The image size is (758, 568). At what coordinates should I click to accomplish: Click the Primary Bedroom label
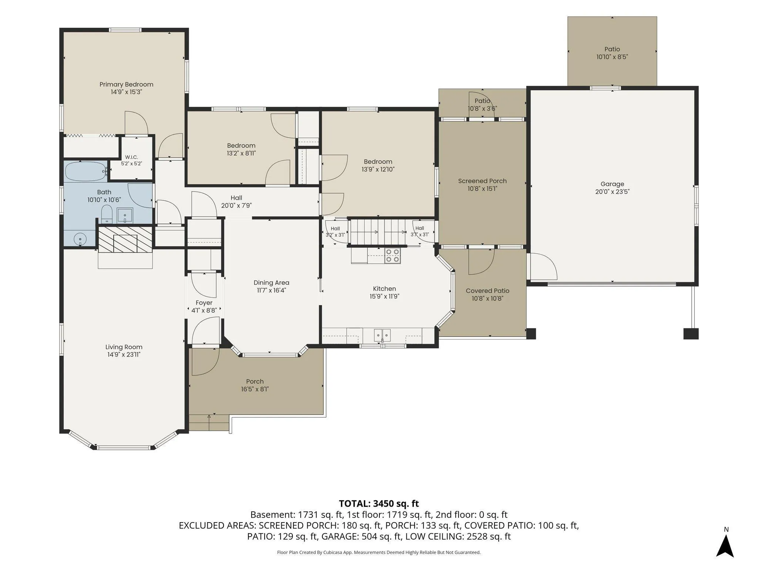point(126,84)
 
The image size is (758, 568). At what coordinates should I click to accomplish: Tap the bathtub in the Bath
point(85,171)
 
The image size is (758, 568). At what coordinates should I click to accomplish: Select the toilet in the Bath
point(107,214)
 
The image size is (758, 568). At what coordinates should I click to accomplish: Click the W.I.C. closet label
point(131,157)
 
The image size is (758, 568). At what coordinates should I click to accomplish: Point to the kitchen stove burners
point(392,256)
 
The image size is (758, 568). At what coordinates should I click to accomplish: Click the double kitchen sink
point(382,335)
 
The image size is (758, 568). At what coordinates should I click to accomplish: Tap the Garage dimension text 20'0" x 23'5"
point(612,192)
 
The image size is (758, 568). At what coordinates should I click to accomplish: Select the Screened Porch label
point(482,181)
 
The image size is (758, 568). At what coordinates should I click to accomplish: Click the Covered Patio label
point(487,291)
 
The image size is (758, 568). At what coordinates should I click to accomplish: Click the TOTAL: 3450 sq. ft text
point(379,503)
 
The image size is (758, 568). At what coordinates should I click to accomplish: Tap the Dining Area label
point(271,283)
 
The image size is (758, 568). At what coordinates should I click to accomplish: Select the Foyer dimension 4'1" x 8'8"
point(204,311)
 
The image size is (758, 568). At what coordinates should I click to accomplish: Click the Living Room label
point(124,347)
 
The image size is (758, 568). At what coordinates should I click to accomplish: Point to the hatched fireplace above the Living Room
point(125,240)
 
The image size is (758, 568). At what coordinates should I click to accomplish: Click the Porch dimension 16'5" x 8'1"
point(255,389)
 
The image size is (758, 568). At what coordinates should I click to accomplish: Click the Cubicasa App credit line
point(379,552)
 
